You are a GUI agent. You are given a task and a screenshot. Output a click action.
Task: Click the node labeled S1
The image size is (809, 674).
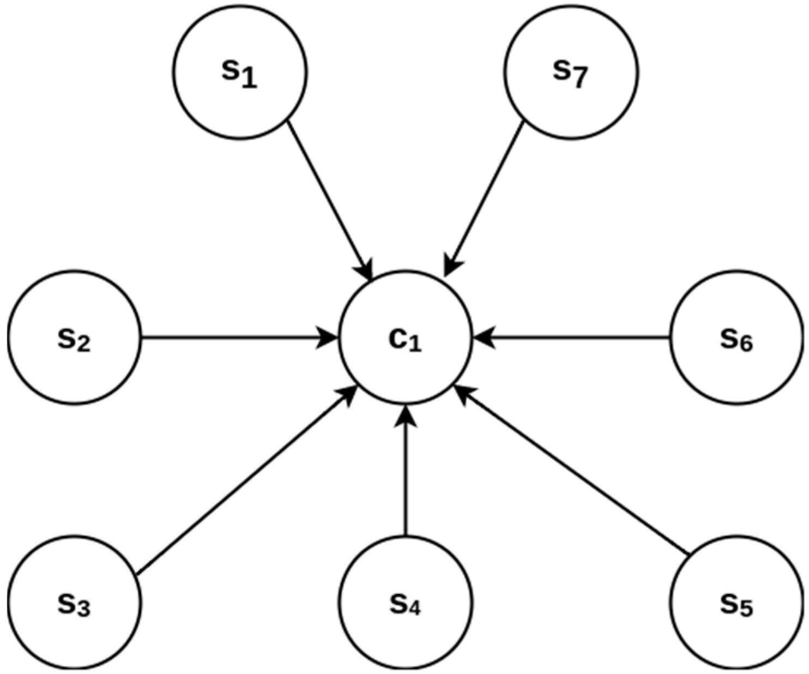pos(240,71)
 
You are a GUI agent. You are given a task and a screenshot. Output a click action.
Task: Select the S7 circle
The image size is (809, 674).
pos(571,71)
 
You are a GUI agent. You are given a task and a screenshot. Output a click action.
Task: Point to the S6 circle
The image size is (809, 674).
pos(736,338)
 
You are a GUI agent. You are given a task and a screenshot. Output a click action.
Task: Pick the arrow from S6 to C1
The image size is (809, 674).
pos(572,338)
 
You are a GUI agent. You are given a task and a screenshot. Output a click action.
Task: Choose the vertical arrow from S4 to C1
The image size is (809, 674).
pos(405,474)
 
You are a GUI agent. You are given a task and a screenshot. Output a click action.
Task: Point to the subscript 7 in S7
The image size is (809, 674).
pos(579,79)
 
